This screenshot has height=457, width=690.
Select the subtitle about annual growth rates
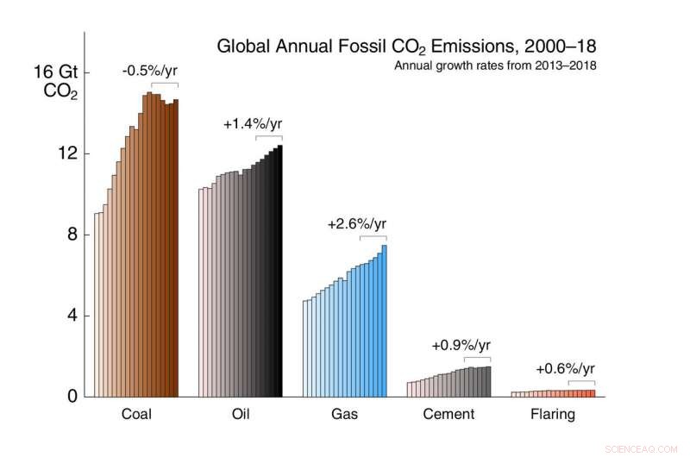pyautogui.click(x=495, y=65)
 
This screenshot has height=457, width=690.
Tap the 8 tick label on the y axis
pyautogui.click(x=72, y=235)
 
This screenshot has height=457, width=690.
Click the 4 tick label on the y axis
pyautogui.click(x=72, y=316)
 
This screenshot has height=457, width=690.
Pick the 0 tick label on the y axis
pyautogui.click(x=72, y=397)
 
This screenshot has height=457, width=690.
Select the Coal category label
pyautogui.click(x=135, y=415)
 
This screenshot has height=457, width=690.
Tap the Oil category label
pyautogui.click(x=241, y=415)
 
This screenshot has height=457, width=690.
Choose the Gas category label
pyautogui.click(x=344, y=415)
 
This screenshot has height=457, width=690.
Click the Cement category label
pyautogui.click(x=448, y=415)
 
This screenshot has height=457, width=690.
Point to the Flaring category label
pyautogui.click(x=552, y=415)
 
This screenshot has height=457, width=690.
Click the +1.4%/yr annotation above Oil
pyautogui.click(x=252, y=124)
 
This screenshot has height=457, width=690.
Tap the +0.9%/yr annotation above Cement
pyautogui.click(x=461, y=346)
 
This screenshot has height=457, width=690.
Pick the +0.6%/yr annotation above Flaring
pyautogui.click(x=565, y=369)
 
